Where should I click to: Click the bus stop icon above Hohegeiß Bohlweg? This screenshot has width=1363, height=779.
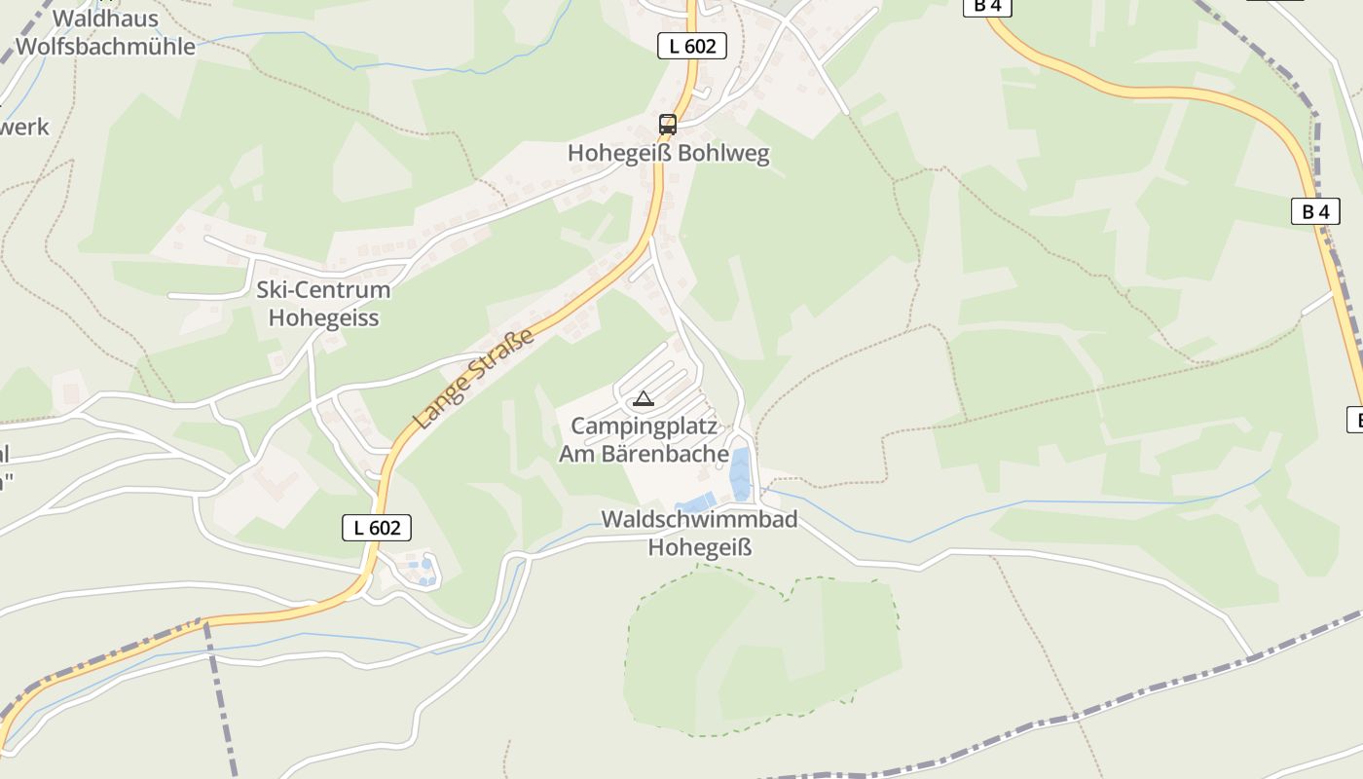point(667,125)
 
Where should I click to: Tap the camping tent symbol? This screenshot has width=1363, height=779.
point(643,398)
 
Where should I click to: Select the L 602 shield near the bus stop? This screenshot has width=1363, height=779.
point(692,46)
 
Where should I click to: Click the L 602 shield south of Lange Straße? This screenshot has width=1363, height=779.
point(377,528)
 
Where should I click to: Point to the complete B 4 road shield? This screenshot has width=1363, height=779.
point(1315,211)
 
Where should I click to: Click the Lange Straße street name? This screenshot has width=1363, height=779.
point(475,379)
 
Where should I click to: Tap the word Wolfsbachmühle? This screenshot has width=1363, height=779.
point(105,46)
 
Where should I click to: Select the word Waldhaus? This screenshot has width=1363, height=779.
point(105,19)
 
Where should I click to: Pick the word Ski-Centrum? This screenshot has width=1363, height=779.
point(323,290)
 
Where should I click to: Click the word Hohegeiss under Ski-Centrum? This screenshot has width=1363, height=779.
point(323,317)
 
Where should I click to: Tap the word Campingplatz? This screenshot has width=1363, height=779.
point(644,427)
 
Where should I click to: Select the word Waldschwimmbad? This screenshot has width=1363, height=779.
point(699,519)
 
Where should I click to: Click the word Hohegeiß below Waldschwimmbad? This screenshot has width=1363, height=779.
point(701,547)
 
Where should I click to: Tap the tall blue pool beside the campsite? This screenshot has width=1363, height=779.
point(741,473)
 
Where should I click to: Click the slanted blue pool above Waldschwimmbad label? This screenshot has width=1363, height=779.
point(696,502)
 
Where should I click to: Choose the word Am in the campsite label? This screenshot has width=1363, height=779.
point(575,454)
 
